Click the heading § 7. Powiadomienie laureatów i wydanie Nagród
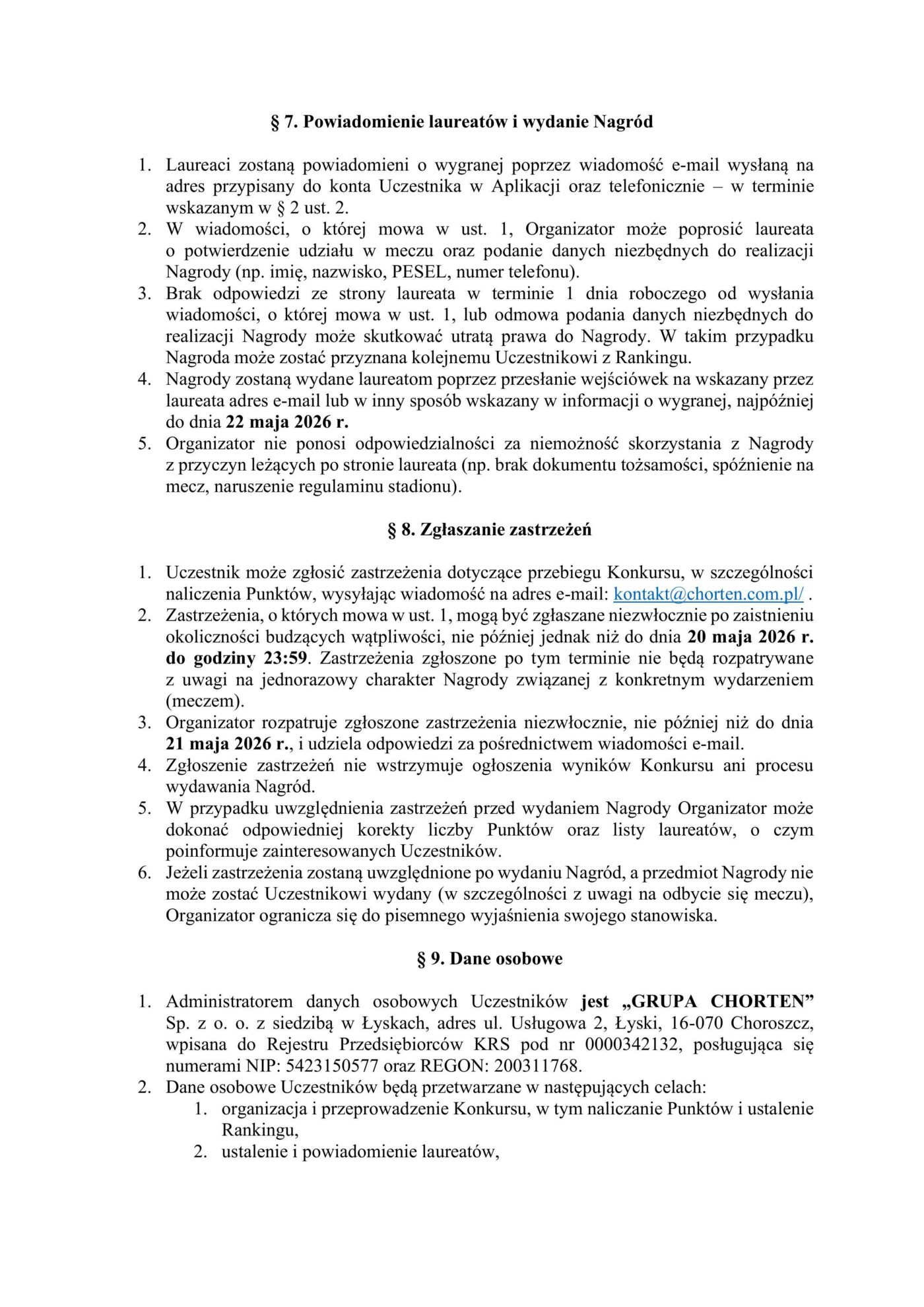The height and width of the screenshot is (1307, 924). pyautogui.click(x=462, y=122)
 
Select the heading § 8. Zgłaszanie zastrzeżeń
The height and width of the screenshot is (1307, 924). pyautogui.click(x=490, y=530)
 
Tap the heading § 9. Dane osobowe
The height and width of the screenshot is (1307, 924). pyautogui.click(x=490, y=959)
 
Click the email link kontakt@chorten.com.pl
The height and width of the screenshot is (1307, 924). pyautogui.click(x=708, y=594)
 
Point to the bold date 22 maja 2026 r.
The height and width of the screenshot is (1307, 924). pyautogui.click(x=287, y=422)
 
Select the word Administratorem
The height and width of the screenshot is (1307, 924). pyautogui.click(x=229, y=1002)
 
